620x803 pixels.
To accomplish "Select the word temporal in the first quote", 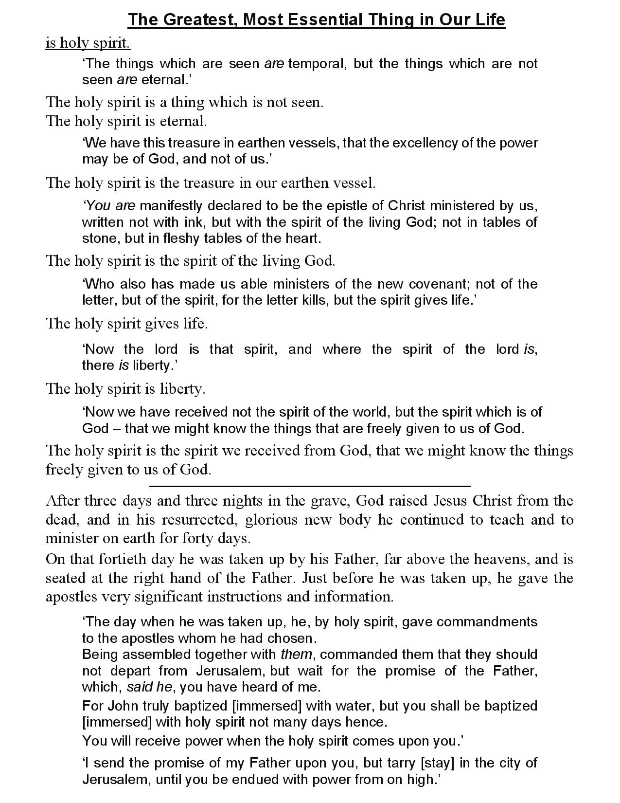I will tap(316, 64).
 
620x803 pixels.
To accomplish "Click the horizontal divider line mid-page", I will tap(310, 486).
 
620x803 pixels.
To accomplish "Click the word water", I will tap(338, 706).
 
